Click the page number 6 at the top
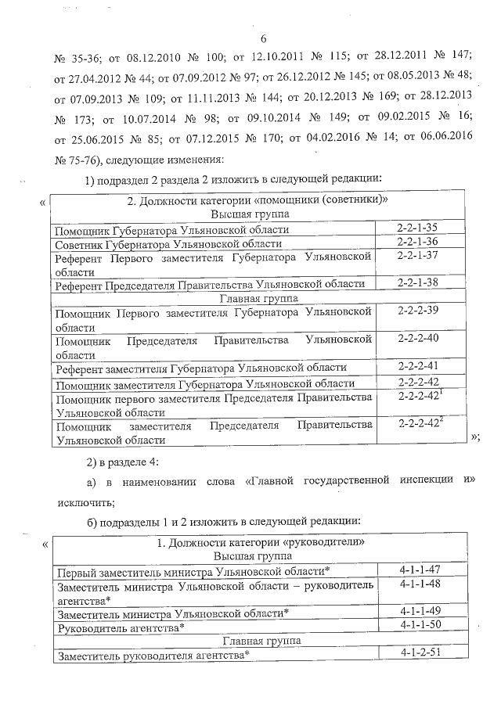(x=263, y=38)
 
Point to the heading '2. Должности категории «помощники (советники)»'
(x=258, y=201)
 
